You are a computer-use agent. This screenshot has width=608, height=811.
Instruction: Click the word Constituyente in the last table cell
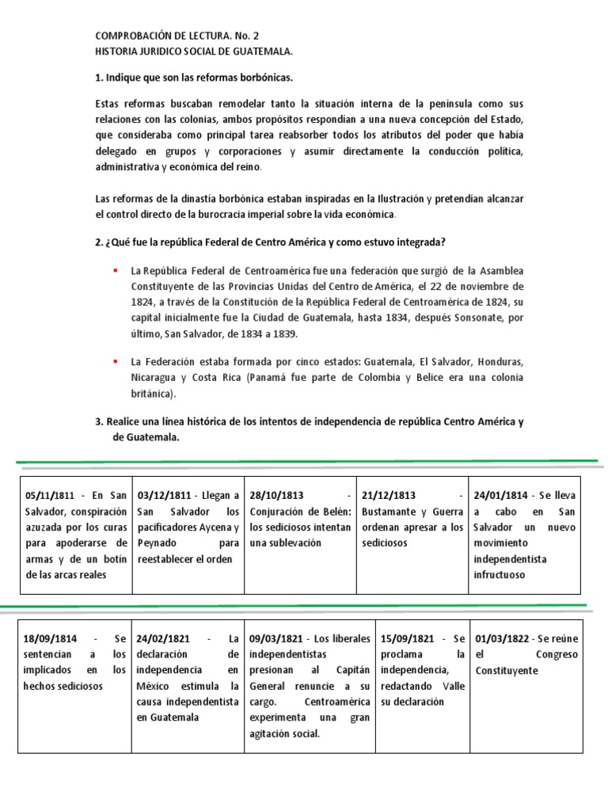coord(508,670)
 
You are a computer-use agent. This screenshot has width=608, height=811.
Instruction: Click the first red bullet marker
coord(116,270)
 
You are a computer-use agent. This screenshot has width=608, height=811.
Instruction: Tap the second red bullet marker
coord(116,360)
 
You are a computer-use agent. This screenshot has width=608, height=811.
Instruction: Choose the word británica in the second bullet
coord(152,393)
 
